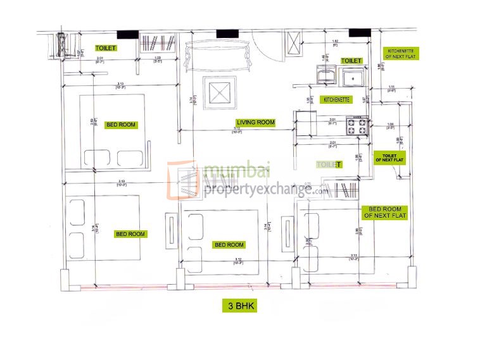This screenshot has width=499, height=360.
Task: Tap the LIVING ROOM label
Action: pyautogui.click(x=255, y=122)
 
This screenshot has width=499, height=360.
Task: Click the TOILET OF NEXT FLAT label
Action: pyautogui.click(x=389, y=157)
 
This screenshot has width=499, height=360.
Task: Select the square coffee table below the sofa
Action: pyautogui.click(x=219, y=92)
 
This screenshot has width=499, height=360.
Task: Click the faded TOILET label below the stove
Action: pyautogui.click(x=329, y=164)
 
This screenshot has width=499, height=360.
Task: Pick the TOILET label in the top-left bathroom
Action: pyautogui.click(x=106, y=47)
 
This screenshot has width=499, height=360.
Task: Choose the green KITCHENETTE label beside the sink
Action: pyautogui.click(x=337, y=100)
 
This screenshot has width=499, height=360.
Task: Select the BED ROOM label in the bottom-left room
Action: pyautogui.click(x=130, y=234)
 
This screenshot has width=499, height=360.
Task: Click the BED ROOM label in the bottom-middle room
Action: pyautogui.click(x=229, y=245)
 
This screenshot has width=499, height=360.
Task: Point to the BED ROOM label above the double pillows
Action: pyautogui.click(x=121, y=125)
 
